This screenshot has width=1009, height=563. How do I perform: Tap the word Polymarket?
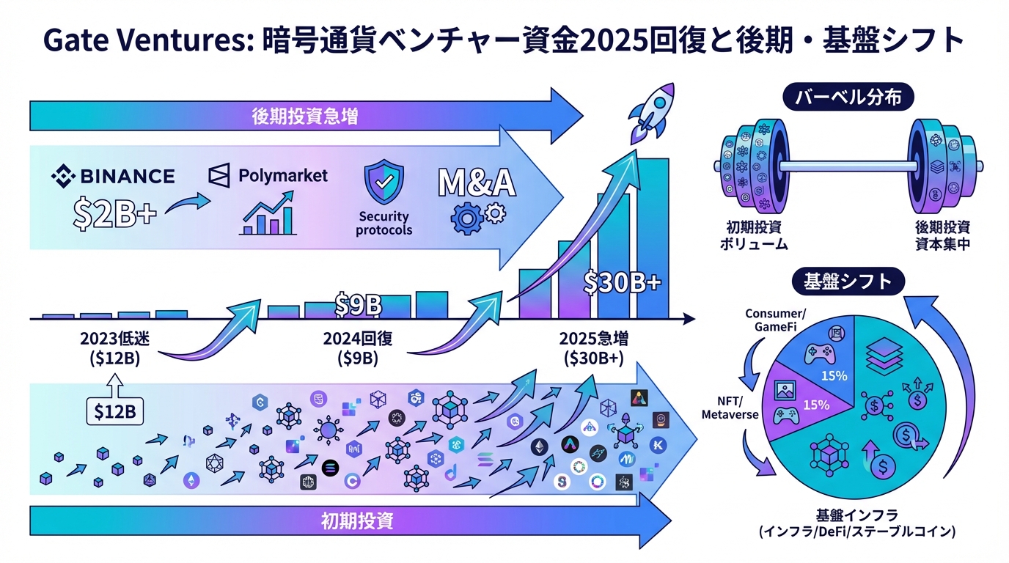click(283, 176)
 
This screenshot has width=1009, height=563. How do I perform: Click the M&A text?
click(477, 183)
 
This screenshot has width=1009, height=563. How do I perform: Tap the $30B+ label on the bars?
click(622, 282)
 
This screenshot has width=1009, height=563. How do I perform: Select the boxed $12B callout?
click(115, 412)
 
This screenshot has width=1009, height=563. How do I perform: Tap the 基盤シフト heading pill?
click(848, 281)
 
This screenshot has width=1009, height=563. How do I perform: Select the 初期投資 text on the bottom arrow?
click(357, 521)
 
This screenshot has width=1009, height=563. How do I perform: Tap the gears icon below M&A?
click(477, 218)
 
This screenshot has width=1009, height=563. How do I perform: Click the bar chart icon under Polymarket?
click(267, 215)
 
